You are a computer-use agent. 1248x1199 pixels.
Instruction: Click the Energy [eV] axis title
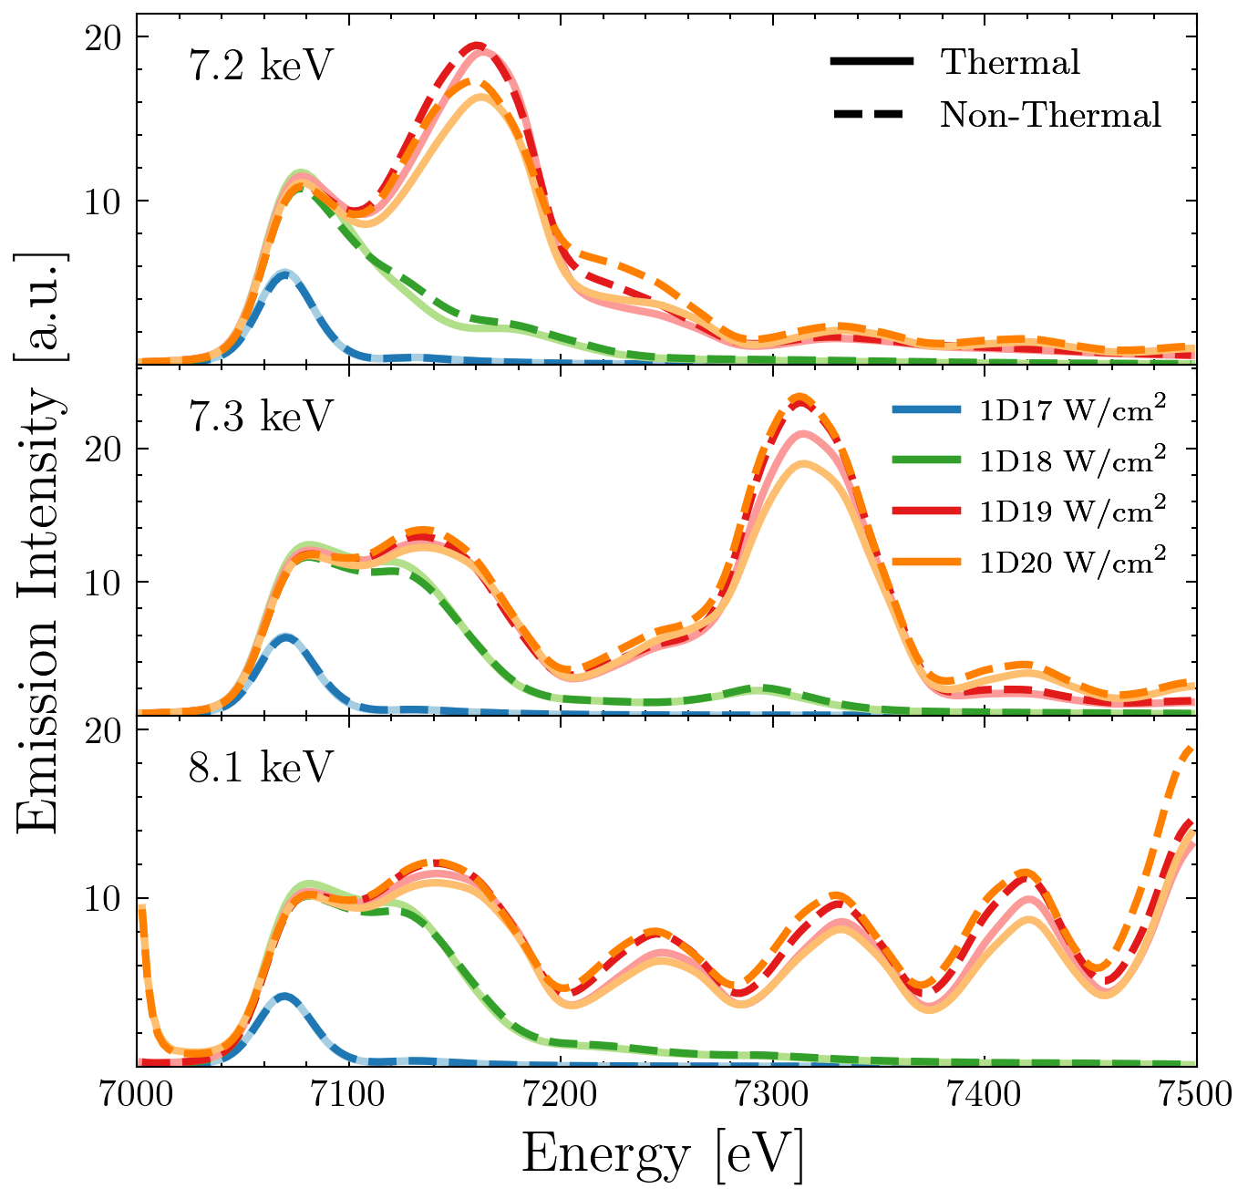pos(664,1155)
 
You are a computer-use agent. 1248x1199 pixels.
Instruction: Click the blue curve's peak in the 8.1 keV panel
pos(285,996)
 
